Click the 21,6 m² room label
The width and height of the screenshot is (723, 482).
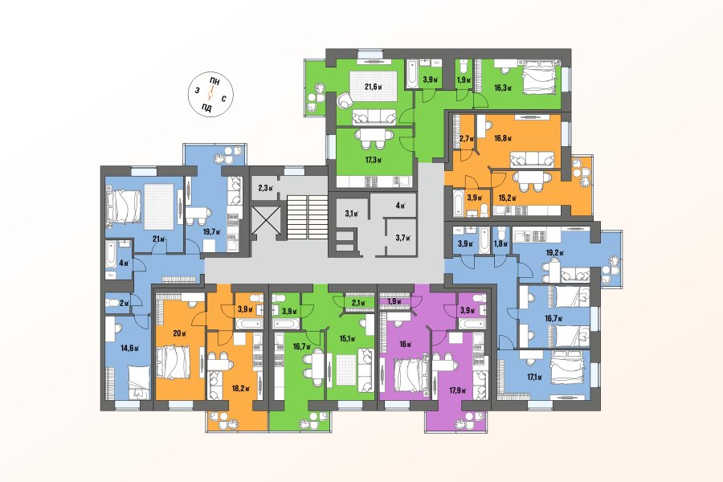pos(374,86)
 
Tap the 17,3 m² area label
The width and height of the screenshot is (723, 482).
pos(374,160)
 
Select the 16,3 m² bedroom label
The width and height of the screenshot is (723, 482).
pos(503,88)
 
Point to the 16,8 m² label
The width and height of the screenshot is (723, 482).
pos(503,137)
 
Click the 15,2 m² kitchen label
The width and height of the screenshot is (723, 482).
pos(507,198)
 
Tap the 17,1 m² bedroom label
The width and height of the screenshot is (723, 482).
pos(534,377)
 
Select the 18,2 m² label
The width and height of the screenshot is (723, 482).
pos(241,388)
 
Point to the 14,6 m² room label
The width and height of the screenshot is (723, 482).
pos(129,348)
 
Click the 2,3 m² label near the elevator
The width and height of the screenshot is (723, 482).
pos(266,188)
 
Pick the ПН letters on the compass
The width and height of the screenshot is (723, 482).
pos(214,81)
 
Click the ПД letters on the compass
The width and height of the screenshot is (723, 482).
pos(206,108)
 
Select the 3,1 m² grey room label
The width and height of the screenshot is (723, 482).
pos(352,213)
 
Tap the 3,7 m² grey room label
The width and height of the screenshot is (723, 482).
pos(402,238)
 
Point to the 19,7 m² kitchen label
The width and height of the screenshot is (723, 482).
pos(213,232)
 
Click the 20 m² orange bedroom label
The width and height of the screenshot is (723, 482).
pos(179,333)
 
